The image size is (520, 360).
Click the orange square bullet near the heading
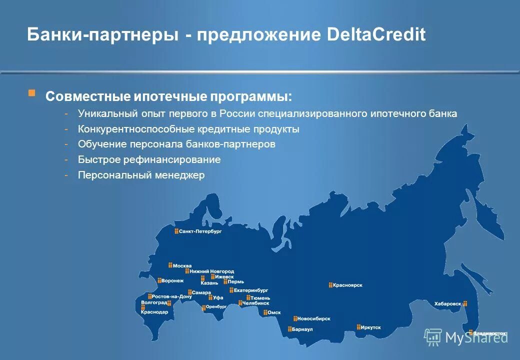[x=31, y=93]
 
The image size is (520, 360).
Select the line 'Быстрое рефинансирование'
[x=149, y=160]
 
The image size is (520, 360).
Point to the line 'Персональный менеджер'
[x=141, y=175]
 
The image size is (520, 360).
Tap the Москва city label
[x=182, y=265]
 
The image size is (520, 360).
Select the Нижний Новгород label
[x=212, y=271]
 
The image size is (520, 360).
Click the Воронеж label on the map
[x=173, y=281]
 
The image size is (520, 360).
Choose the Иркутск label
[x=371, y=327]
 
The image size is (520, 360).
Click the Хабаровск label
[x=447, y=303]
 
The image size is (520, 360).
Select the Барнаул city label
[x=302, y=329]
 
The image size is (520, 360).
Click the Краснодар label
[x=154, y=312]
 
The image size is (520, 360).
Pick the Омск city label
[x=274, y=312]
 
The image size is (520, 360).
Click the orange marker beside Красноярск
[x=330, y=285]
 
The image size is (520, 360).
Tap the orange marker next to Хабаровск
[x=465, y=303]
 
